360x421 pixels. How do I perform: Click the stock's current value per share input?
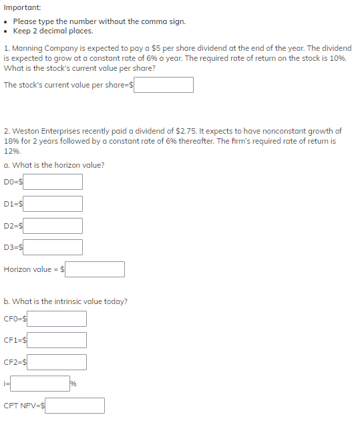[164, 85]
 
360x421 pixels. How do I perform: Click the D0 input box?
[53, 182]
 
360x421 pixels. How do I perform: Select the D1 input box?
[53, 204]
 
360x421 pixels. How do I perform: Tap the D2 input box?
[53, 226]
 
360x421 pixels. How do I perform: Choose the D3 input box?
[53, 247]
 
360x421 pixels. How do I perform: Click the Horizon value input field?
[95, 269]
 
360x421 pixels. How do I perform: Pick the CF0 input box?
[57, 319]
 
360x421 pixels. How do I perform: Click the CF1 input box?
[57, 341]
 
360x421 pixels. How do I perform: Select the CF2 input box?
[57, 362]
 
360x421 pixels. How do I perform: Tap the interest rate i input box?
[39, 384]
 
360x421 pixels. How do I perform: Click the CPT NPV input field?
[75, 406]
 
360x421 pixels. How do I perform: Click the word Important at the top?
[22, 7]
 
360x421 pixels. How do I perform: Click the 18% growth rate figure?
[11, 141]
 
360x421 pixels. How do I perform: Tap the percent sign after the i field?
[74, 384]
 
